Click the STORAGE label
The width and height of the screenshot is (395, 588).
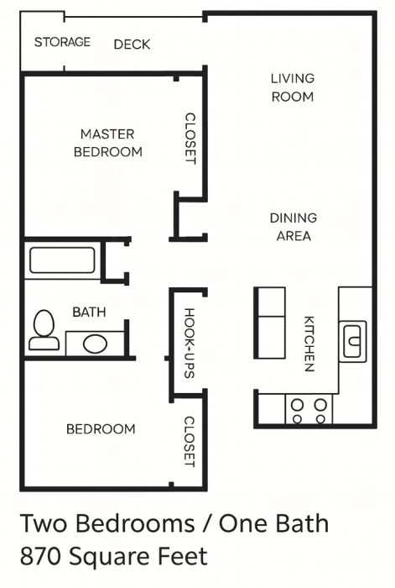click(x=62, y=42)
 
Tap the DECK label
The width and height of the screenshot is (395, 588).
click(x=132, y=45)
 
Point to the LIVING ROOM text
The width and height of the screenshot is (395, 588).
click(x=293, y=87)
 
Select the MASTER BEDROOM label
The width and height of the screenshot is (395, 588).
click(x=108, y=143)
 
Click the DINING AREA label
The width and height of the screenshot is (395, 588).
click(x=294, y=227)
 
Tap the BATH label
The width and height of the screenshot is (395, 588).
click(x=89, y=312)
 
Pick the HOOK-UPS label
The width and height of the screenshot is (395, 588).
click(x=190, y=343)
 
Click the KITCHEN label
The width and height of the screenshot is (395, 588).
click(x=309, y=344)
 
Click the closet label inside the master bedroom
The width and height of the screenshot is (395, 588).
click(x=190, y=139)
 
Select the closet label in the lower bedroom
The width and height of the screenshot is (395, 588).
click(x=190, y=442)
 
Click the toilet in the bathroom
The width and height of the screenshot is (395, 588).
click(x=44, y=330)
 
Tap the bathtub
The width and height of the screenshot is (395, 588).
click(x=62, y=260)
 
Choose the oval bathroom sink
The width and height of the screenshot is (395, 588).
click(x=95, y=344)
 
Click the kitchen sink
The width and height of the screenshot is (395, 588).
click(x=352, y=341)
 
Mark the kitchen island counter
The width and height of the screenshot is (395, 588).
click(x=269, y=323)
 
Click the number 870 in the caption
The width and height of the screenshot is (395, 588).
click(x=41, y=556)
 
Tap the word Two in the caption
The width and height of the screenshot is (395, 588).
click(x=45, y=523)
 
